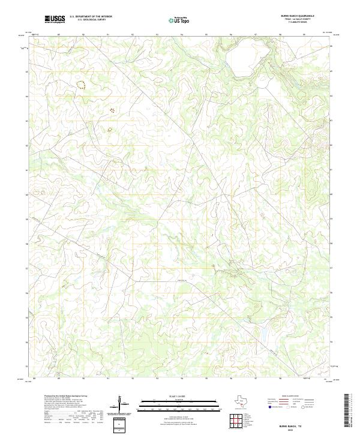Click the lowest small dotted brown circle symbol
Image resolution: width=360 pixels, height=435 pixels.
[x=109, y=130]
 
